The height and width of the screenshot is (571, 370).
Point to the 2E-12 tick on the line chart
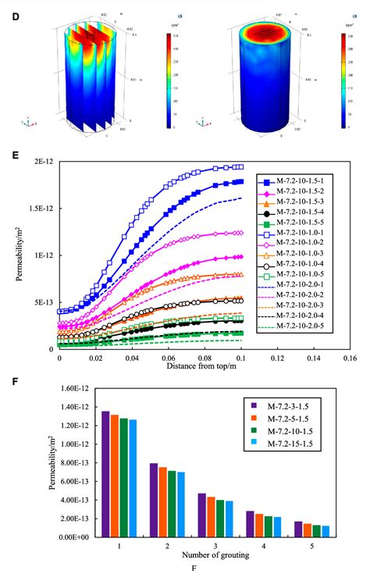[42, 162]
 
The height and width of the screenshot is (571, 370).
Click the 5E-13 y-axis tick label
[42, 302]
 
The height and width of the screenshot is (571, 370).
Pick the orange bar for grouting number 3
[211, 516]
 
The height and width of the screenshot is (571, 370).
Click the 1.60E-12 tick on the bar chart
[76, 388]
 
